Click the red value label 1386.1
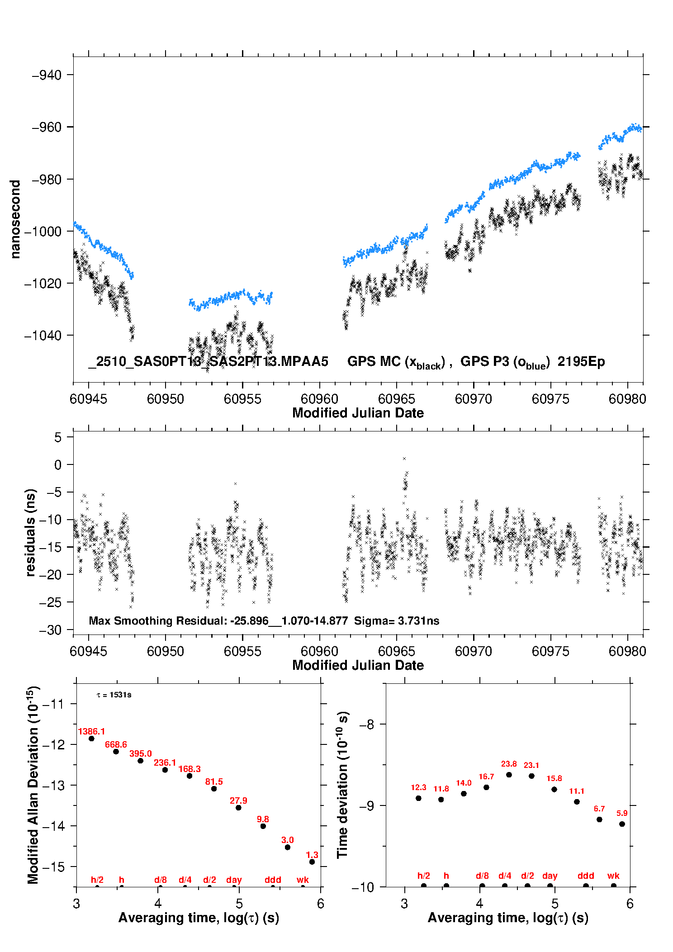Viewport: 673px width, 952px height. (x=91, y=731)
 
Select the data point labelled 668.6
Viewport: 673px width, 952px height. (x=116, y=752)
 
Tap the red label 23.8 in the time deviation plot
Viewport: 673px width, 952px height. (x=509, y=764)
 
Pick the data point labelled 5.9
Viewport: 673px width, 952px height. (x=622, y=824)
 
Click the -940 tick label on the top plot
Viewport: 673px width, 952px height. (x=47, y=75)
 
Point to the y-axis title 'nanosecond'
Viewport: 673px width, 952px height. (x=15, y=219)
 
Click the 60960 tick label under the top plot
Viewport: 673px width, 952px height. (x=319, y=399)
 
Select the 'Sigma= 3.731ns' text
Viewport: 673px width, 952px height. (x=397, y=621)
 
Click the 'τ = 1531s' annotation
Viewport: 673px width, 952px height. (x=114, y=695)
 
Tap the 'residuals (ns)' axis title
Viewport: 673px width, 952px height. (x=30, y=533)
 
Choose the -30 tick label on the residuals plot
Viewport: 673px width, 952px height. (x=50, y=630)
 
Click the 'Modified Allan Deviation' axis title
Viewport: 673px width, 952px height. (x=33, y=785)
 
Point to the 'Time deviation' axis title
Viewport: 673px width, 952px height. (x=343, y=785)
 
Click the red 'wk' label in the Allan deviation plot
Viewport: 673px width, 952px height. (x=303, y=880)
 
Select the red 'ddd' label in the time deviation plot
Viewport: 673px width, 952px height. (x=586, y=876)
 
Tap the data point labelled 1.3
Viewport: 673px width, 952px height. (x=312, y=862)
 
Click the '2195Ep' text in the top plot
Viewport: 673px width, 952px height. (x=581, y=362)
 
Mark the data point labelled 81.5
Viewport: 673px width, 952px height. (x=214, y=789)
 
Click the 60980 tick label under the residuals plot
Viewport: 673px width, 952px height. (x=627, y=651)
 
